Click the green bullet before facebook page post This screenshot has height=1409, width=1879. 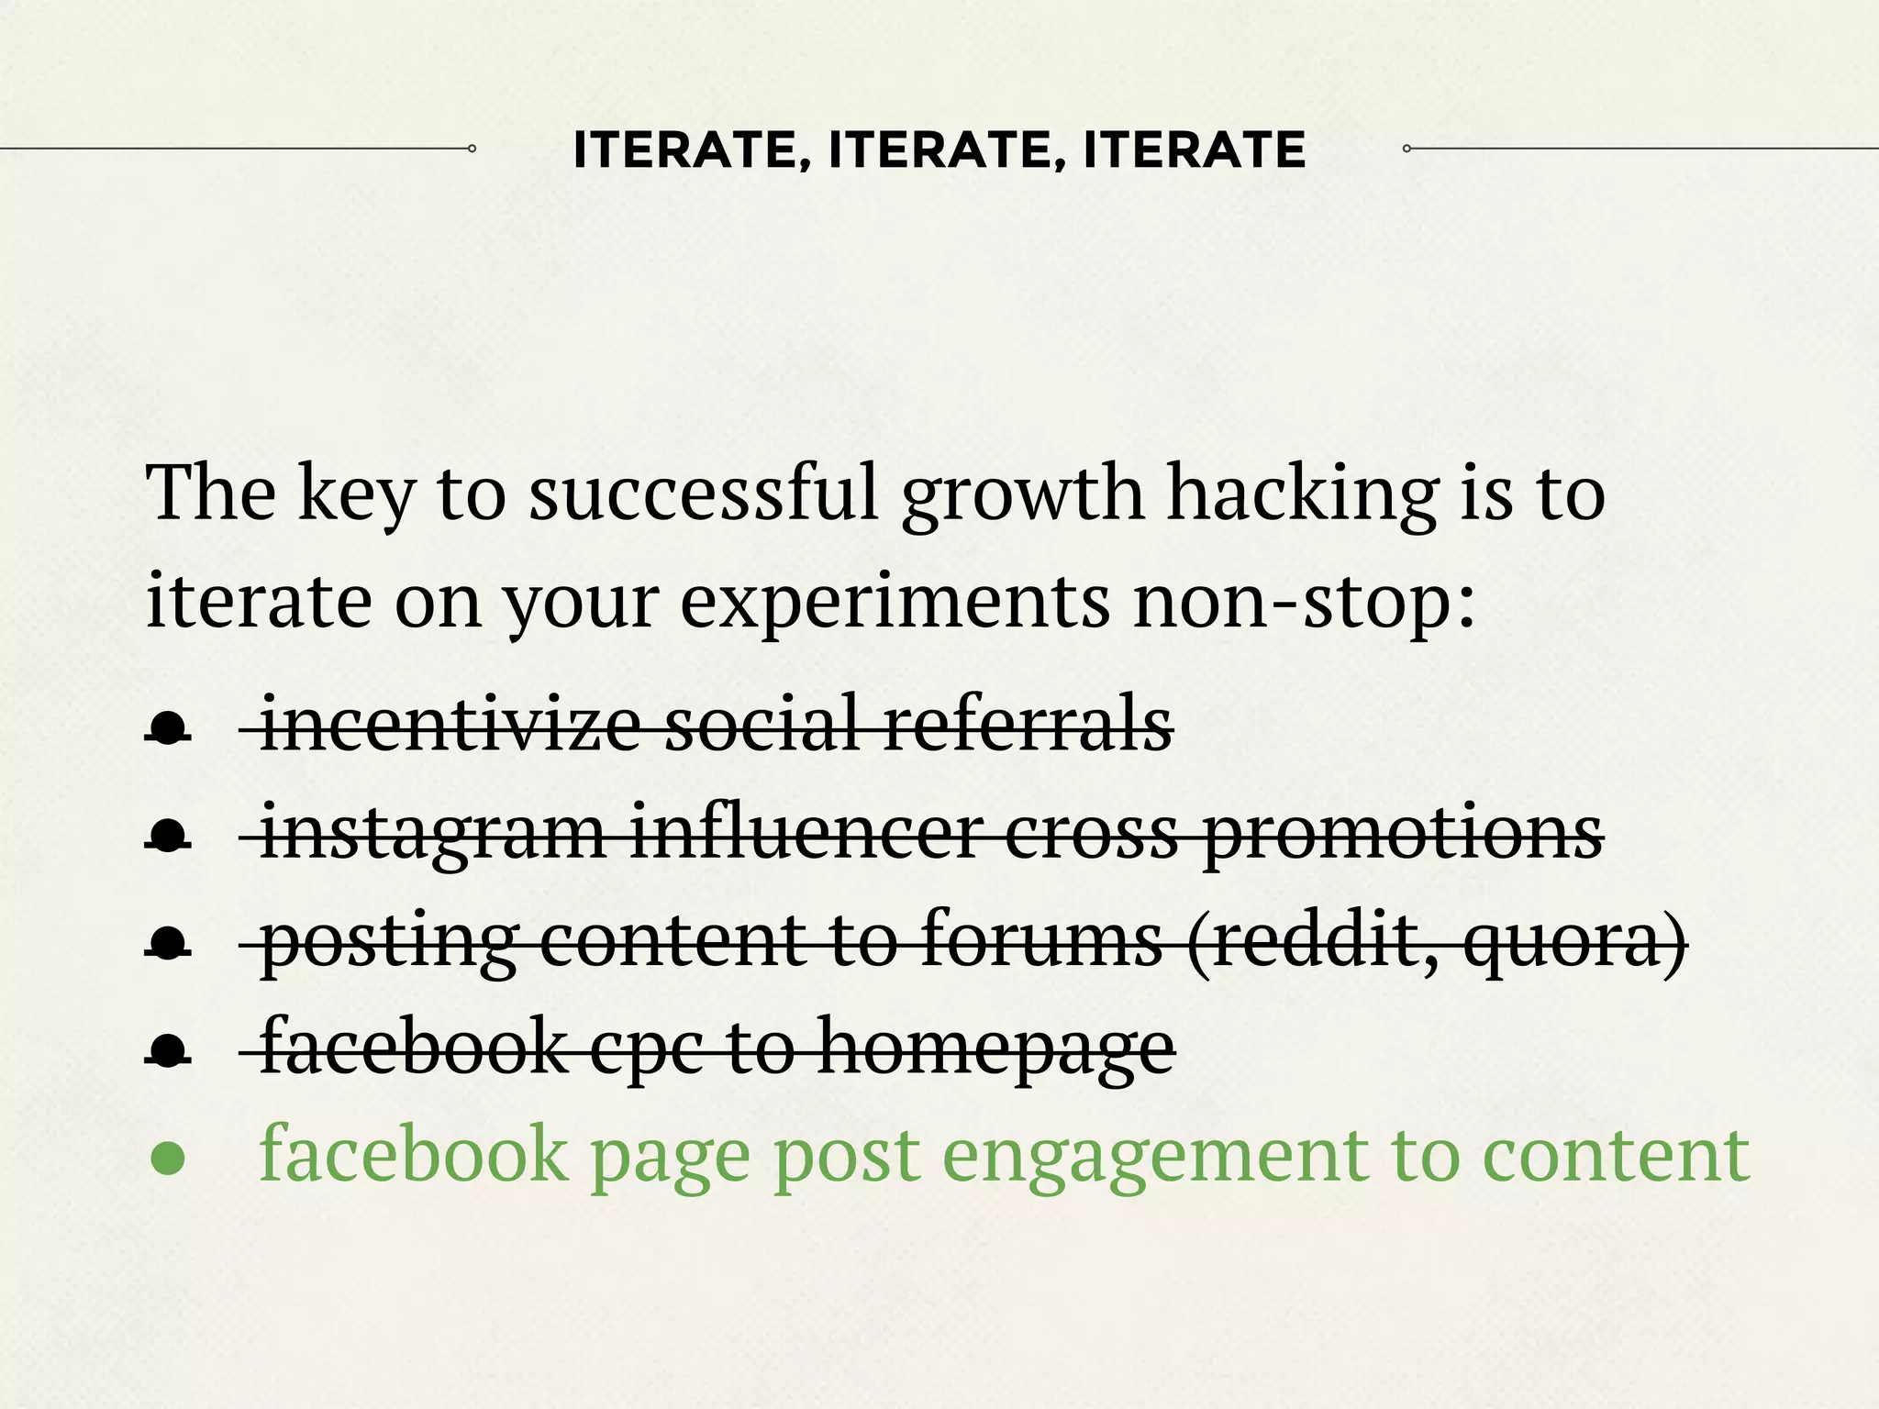pos(168,1159)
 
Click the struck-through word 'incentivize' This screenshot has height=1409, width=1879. pos(450,725)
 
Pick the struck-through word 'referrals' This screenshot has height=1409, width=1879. pos(1028,725)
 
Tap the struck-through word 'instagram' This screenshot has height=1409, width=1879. pos(432,833)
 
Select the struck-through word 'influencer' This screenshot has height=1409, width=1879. pos(806,833)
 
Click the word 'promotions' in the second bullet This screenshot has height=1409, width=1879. pos(1403,833)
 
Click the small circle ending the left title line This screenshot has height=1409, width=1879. pos(472,148)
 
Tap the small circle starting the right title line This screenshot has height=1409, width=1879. pos(1406,148)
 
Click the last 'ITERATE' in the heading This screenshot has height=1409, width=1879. pos(1194,150)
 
